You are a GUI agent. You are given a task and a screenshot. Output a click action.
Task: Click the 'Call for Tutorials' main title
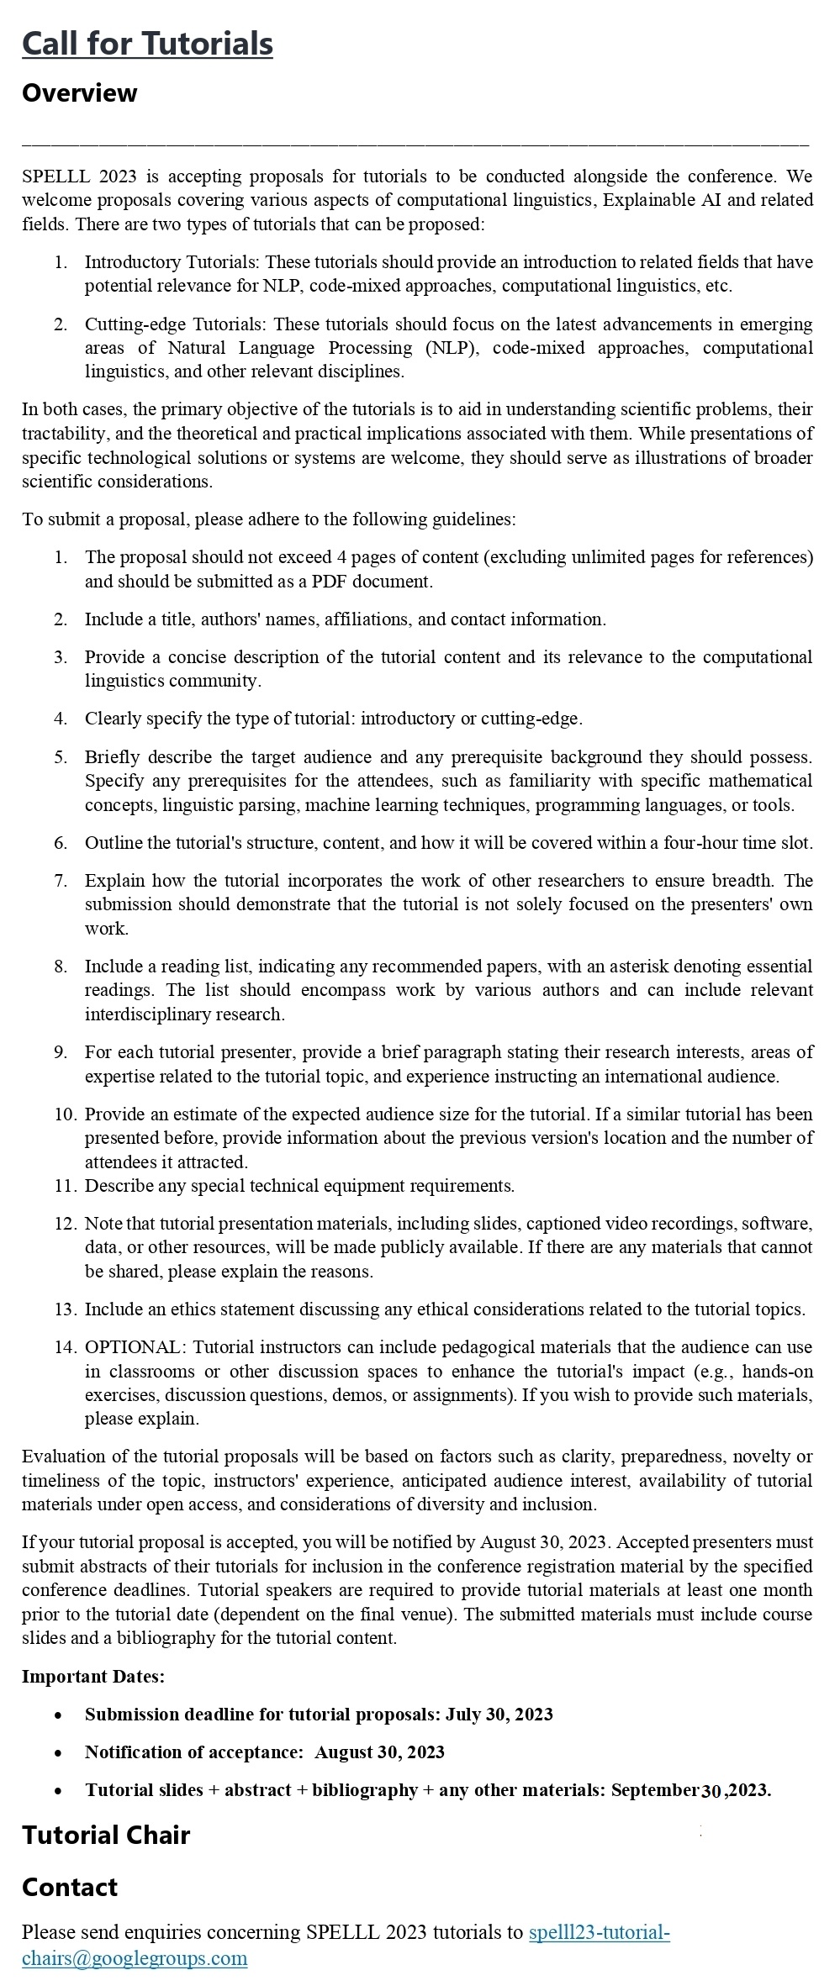[147, 43]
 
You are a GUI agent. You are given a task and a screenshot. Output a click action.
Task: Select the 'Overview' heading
[79, 92]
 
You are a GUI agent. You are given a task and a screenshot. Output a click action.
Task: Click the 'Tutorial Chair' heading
[106, 1835]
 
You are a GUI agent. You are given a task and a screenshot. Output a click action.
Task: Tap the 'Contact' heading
[70, 1887]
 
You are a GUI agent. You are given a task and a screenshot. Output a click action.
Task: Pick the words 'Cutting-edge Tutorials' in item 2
[175, 324]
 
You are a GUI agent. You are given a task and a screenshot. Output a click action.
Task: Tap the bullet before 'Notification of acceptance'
[58, 1752]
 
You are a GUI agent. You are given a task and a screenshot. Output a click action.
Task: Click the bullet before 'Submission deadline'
[58, 1715]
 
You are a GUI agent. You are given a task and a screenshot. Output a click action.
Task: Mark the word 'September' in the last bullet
[655, 1789]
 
